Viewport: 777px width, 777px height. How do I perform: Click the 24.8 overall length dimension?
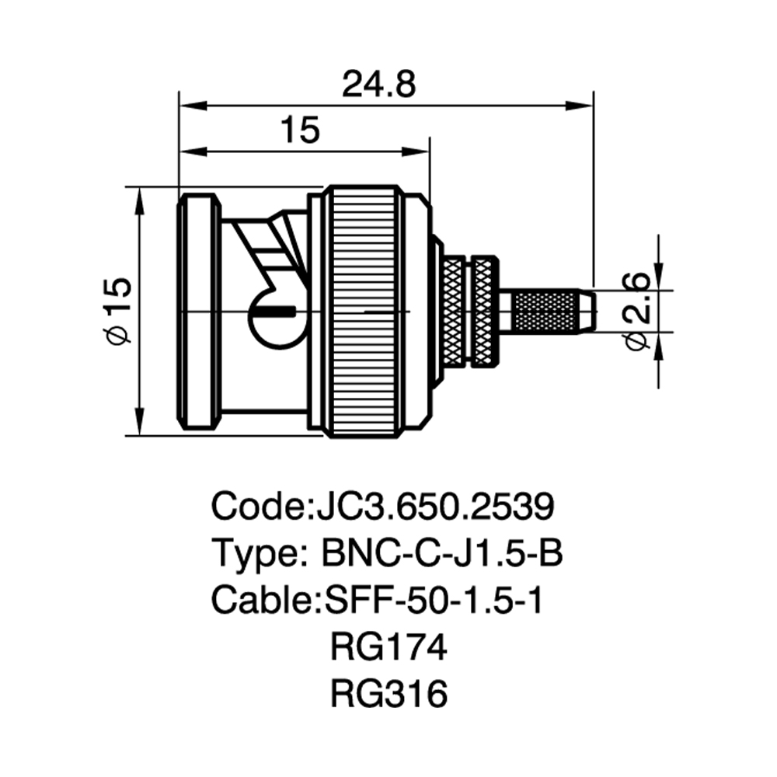click(379, 85)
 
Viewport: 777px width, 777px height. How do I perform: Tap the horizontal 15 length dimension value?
click(301, 130)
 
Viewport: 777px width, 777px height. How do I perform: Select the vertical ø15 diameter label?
click(119, 311)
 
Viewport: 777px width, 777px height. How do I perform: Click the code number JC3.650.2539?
click(434, 506)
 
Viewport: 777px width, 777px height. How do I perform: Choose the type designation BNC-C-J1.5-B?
click(443, 552)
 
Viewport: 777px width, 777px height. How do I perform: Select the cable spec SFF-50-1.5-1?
click(434, 599)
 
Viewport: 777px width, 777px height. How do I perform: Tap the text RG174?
click(388, 646)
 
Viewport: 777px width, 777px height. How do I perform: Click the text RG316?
click(388, 693)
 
